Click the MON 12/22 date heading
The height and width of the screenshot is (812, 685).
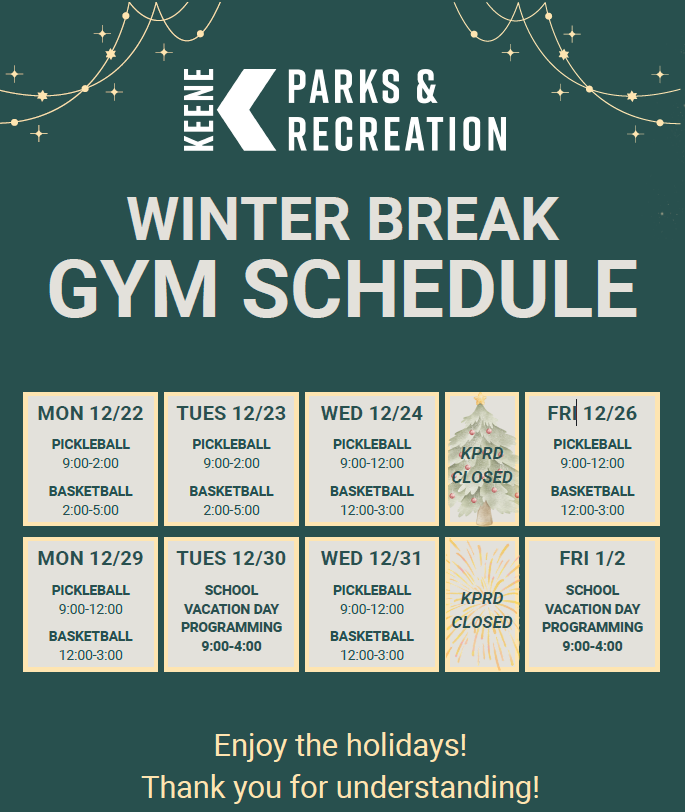point(90,413)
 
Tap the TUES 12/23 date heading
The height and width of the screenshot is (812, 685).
point(231,413)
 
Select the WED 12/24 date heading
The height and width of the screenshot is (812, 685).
point(372,413)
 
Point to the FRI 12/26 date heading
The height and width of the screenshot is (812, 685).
point(592,413)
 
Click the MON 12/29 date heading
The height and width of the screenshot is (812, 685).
point(90,558)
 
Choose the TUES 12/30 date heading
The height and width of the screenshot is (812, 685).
point(231,558)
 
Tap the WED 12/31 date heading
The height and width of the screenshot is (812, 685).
point(372,558)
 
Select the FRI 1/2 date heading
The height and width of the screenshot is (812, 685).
point(592,558)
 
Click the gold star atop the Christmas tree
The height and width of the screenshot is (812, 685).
point(480,398)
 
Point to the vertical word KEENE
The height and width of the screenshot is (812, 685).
point(199,110)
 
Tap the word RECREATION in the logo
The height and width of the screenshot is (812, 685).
point(397,134)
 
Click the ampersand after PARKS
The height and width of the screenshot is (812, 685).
point(426,86)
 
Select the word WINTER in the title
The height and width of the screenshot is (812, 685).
point(238,219)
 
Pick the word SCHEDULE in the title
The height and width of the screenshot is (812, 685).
point(440,288)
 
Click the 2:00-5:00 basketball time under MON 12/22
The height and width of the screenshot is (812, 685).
point(91,510)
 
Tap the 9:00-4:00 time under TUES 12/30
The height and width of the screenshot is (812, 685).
point(231,646)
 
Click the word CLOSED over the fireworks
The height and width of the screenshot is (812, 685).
point(482,622)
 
